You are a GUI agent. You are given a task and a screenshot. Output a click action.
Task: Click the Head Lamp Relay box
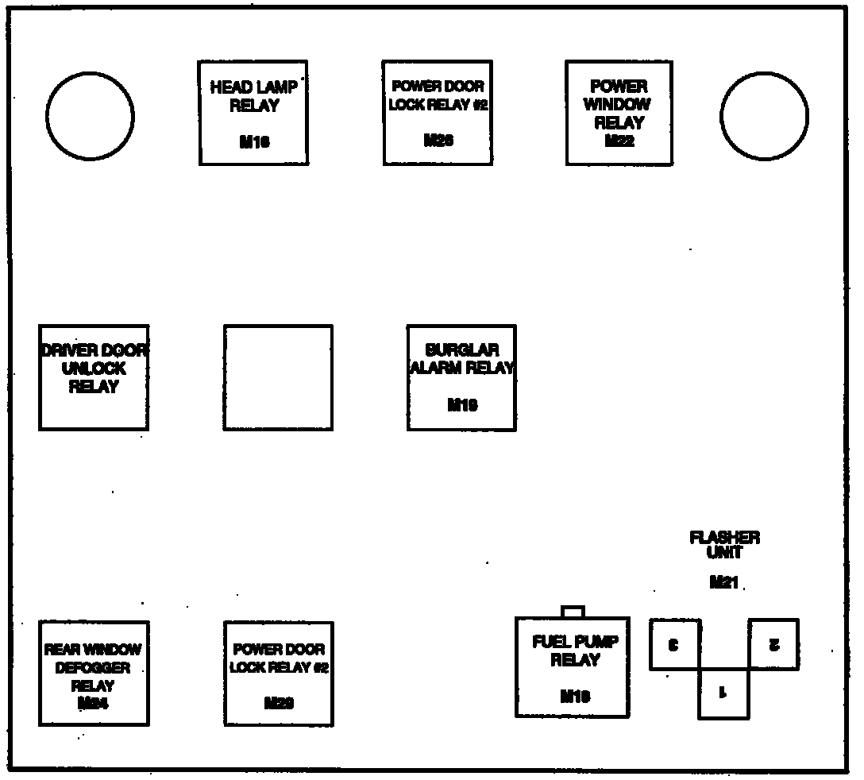pos(253,113)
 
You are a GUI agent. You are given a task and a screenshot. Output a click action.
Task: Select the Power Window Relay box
pos(619,113)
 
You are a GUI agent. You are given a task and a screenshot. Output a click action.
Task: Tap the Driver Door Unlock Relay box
pos(94,377)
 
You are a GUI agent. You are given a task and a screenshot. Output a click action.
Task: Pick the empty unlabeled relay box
pos(278,377)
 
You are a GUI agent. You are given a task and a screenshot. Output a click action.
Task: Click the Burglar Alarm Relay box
pos(461,377)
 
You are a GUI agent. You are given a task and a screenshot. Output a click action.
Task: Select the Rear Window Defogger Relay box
pos(94,673)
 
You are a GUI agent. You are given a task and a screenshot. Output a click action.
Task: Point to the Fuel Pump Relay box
pos(572,667)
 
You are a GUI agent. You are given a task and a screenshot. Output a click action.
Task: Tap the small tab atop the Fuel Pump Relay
pos(573,612)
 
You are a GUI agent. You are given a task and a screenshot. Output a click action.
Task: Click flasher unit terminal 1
pos(723,693)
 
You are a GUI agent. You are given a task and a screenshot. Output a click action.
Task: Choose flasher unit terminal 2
pos(774,644)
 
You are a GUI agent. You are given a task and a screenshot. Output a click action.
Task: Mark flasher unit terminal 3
pos(674,644)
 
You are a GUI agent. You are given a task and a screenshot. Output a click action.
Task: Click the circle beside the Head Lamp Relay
pos(90,116)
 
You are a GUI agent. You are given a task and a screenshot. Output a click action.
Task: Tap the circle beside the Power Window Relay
pos(764,116)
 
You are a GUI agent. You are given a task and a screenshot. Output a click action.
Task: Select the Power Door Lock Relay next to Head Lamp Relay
pos(438,113)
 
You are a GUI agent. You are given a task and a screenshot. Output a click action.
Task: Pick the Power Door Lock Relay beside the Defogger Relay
pos(278,674)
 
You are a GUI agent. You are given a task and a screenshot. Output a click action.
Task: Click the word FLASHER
pos(724,538)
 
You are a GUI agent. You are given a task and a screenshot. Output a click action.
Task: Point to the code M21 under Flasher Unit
pos(723,583)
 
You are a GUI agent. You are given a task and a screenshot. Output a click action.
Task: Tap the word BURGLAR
pos(461,350)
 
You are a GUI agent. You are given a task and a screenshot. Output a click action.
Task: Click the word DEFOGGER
pos(93,668)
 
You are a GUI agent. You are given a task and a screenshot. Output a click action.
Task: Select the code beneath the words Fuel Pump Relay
pos(575,697)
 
